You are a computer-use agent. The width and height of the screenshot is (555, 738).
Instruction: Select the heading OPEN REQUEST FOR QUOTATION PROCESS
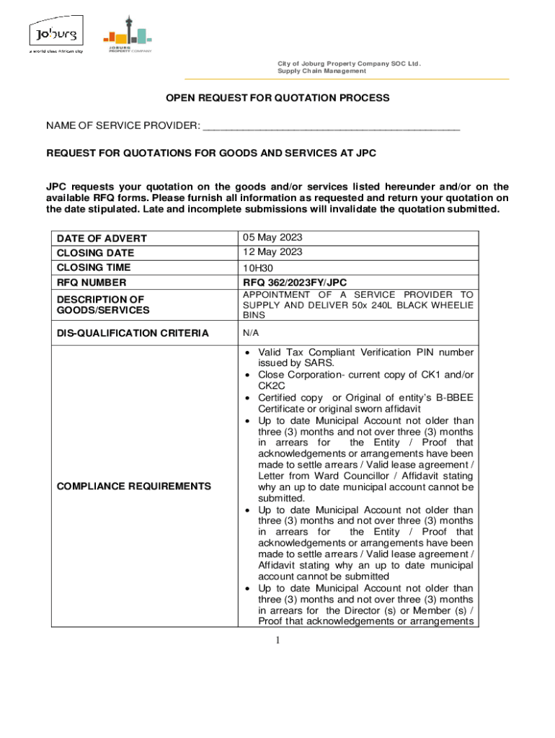277,97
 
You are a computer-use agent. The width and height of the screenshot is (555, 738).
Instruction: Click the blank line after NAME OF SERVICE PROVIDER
331,128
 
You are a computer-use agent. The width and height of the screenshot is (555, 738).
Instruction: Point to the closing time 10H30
258,268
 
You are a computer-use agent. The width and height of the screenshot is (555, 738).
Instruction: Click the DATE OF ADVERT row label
102,239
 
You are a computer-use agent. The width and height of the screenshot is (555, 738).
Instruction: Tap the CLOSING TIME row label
94,268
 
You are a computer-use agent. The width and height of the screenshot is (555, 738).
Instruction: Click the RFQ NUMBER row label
92,283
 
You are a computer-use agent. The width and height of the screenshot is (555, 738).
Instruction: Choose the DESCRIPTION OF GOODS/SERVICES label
103,304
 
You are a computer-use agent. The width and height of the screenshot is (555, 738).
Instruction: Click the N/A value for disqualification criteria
251,333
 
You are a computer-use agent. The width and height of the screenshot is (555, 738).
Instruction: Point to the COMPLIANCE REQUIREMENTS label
133,486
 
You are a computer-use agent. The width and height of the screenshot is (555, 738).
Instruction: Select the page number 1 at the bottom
277,641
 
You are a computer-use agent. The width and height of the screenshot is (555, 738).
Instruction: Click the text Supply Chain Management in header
321,71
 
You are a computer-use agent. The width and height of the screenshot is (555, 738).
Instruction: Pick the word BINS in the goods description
254,316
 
